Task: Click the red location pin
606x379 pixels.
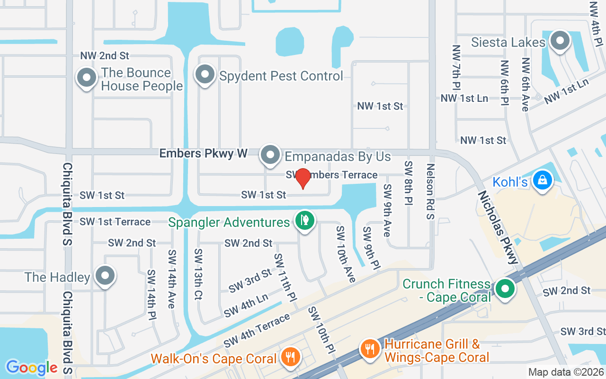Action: (303, 179)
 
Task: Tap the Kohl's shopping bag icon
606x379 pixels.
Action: (543, 180)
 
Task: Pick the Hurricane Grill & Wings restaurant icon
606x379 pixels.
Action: (370, 349)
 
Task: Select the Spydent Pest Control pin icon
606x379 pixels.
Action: (205, 75)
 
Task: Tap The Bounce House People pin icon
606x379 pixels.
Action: (87, 78)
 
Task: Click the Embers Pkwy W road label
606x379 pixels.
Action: (203, 153)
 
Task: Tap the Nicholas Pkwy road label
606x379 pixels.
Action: (498, 227)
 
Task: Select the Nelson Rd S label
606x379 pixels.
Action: (430, 191)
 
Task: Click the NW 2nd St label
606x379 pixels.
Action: (105, 56)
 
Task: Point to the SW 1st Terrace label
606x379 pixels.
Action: (115, 222)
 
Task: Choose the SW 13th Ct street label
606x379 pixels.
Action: (198, 274)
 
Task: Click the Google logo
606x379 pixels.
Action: (31, 368)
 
